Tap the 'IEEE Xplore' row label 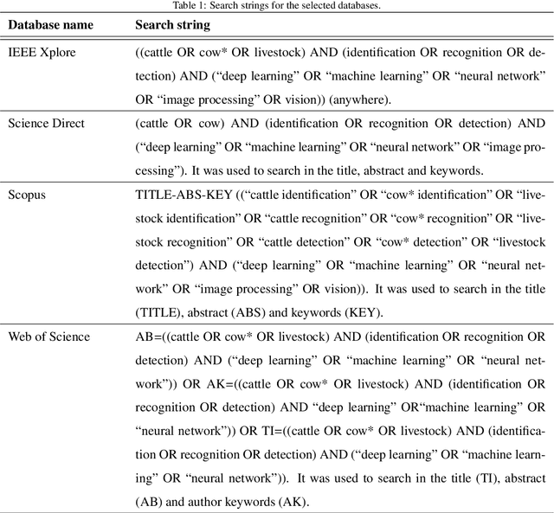(42, 53)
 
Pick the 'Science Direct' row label (47, 124)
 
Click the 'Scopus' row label (27, 195)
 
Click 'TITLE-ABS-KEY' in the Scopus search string (177, 195)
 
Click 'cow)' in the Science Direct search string (210, 124)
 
